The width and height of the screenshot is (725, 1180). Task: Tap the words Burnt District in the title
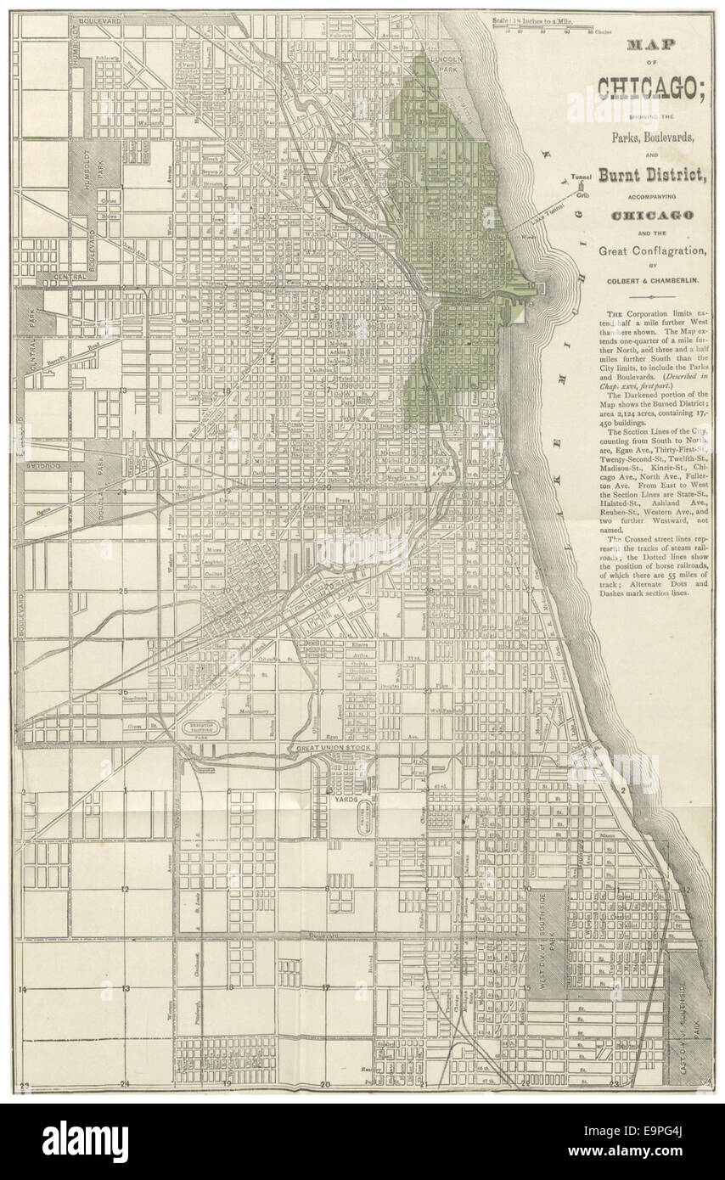pyautogui.click(x=641, y=176)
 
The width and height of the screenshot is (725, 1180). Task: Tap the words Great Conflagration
pyautogui.click(x=641, y=250)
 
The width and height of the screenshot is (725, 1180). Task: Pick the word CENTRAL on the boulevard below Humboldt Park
pyautogui.click(x=71, y=277)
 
